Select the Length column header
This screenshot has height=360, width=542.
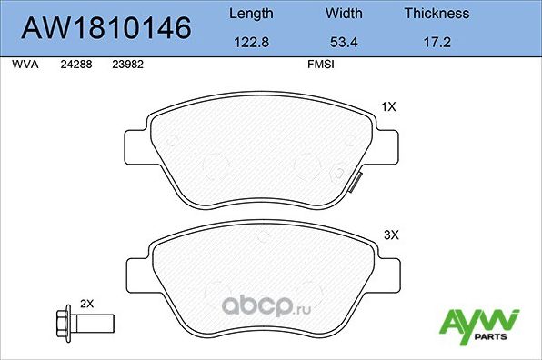click(x=249, y=14)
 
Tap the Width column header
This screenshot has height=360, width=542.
click(x=344, y=14)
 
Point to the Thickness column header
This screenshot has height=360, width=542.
click(x=437, y=14)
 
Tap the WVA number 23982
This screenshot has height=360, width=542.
click(x=126, y=65)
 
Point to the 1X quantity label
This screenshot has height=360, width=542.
click(x=388, y=106)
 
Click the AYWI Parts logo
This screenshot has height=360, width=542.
click(x=479, y=324)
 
